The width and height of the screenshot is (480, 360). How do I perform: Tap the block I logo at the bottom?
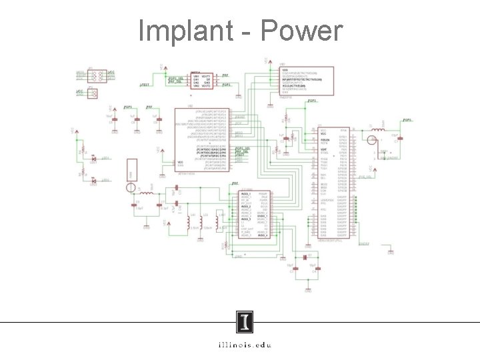[x=245, y=323]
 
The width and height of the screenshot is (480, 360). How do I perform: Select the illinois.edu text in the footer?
[x=244, y=345]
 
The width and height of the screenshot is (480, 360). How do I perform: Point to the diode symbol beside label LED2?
[x=94, y=180]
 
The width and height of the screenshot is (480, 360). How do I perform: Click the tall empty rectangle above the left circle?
[x=132, y=169]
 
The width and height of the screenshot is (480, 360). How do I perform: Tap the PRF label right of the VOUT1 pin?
[x=225, y=75]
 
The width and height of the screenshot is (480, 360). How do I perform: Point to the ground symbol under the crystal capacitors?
[x=308, y=289]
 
